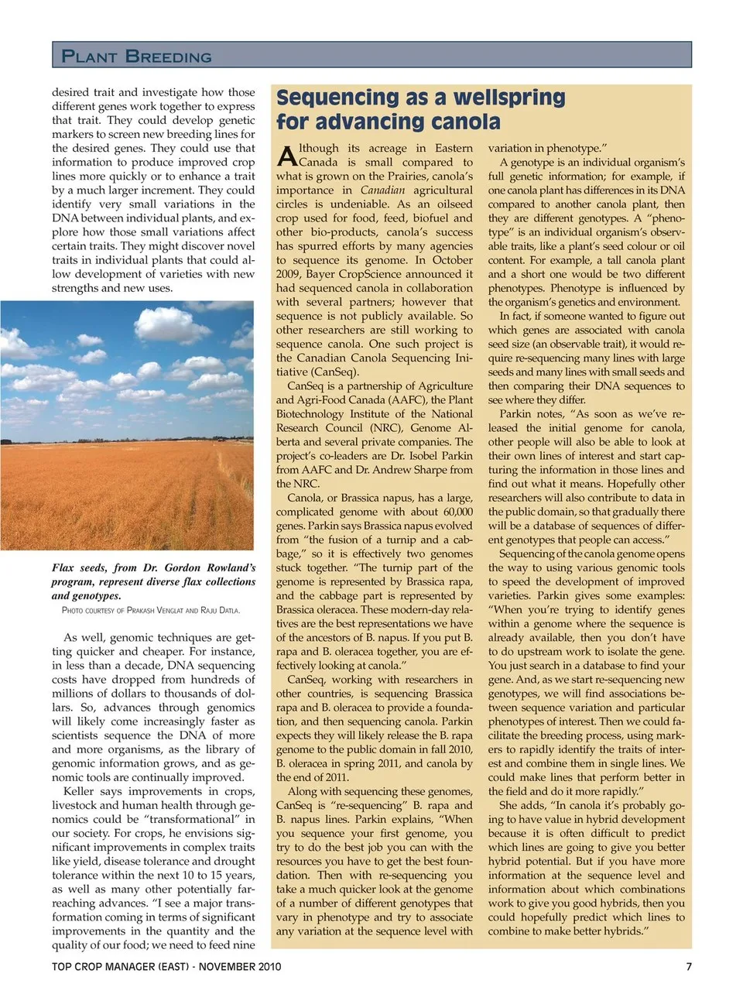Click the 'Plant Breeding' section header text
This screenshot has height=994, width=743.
(136, 57)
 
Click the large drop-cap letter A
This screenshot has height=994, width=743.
(286, 157)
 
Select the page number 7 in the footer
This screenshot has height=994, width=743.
(688, 966)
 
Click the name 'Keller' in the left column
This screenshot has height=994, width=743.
(80, 791)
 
